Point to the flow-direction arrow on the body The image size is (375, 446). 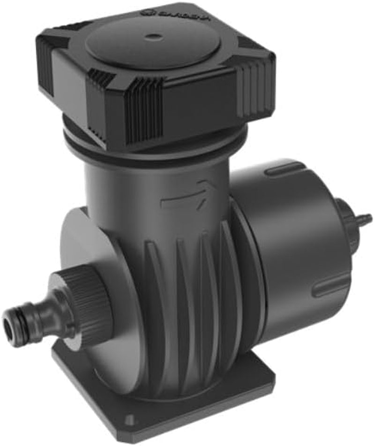(187, 195)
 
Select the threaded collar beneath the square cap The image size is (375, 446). (155, 141)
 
